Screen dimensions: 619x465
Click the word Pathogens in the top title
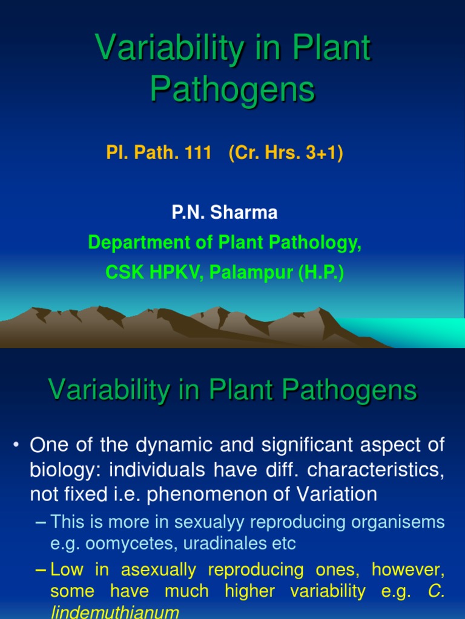pos(232,89)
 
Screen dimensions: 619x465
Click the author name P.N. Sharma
pos(225,213)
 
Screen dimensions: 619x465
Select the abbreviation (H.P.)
pos(320,272)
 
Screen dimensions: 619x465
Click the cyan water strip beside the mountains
pos(424,332)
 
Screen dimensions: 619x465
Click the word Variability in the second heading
pos(110,391)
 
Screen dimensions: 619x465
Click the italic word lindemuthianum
pos(114,612)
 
